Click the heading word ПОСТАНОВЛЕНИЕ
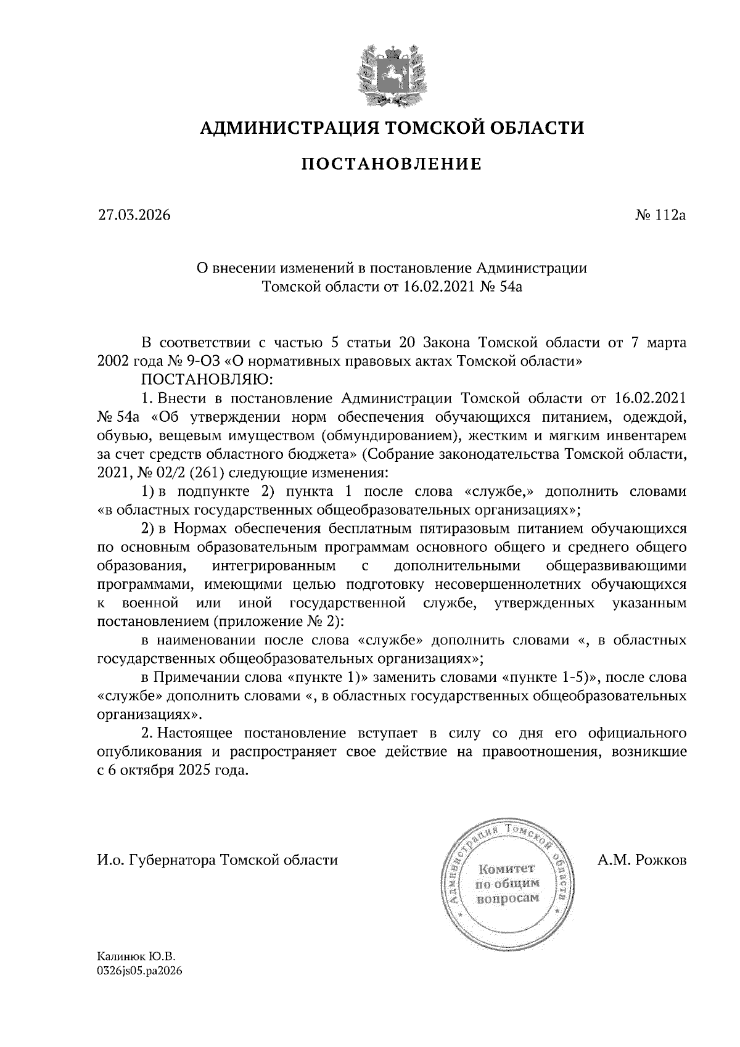click(391, 164)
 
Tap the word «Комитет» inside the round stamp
click(508, 869)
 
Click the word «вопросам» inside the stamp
click(508, 898)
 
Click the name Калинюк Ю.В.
click(136, 957)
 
